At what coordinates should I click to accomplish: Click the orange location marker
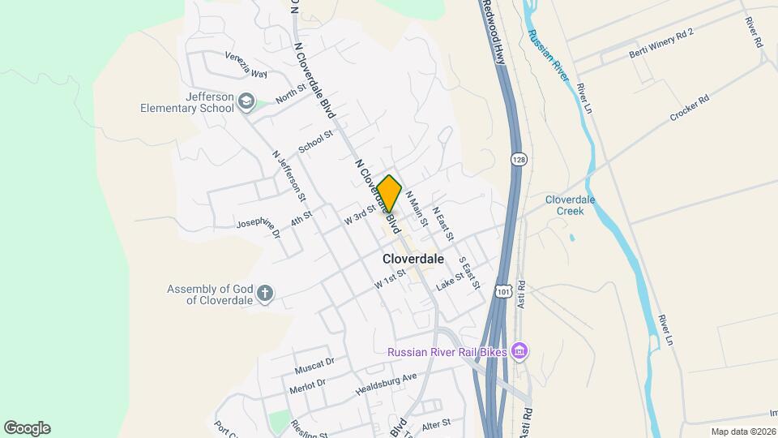click(x=389, y=193)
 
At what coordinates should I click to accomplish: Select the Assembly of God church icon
click(x=265, y=294)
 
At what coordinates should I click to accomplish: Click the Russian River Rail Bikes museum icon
click(x=519, y=351)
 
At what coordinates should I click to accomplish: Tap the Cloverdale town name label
click(x=413, y=259)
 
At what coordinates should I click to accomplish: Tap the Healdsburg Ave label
click(x=386, y=384)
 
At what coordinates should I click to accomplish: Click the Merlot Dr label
click(x=307, y=386)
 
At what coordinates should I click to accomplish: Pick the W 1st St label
click(x=389, y=281)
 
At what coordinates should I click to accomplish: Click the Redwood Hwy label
click(x=494, y=32)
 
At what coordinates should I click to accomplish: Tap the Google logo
click(x=27, y=428)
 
